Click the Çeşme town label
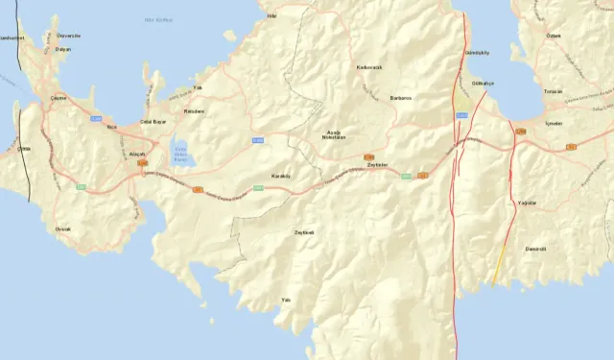click(59, 97)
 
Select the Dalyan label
click(63, 48)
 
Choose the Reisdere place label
click(195, 110)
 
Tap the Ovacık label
click(63, 228)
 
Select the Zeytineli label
click(303, 231)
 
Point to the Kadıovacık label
click(369, 67)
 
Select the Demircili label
click(534, 249)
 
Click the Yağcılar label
click(527, 204)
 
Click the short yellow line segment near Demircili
click(499, 264)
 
